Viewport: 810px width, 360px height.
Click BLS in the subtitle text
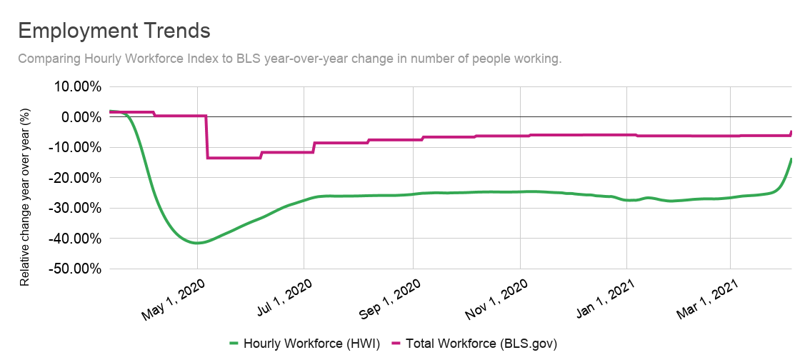tap(248, 59)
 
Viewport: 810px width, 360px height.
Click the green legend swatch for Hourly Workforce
tap(234, 344)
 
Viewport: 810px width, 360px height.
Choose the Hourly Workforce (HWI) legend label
tap(311, 344)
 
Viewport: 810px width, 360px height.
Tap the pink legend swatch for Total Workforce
tap(398, 344)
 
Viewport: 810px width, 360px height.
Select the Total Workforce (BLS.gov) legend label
tap(481, 344)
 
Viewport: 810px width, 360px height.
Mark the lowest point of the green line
tap(198, 243)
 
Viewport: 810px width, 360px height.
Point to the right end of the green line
tap(791, 158)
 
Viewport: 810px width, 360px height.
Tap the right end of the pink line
tap(791, 131)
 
